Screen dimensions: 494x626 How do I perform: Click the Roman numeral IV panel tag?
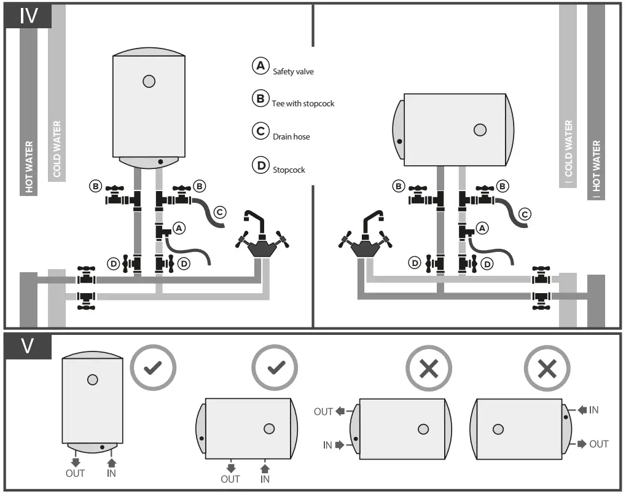28,15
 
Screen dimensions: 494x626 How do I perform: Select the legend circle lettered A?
260,66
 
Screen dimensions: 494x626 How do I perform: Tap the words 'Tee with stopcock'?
303,104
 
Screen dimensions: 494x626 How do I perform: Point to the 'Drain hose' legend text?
291,136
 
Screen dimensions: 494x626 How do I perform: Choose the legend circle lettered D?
260,165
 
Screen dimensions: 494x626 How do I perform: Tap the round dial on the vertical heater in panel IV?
148,80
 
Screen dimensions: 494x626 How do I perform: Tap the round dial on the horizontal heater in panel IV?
480,130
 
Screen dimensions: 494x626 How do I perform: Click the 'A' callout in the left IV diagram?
179,228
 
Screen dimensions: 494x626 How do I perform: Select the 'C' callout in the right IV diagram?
524,214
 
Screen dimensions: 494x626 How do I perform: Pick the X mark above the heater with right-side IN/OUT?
546,368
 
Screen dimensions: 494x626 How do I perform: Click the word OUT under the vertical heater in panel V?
75,473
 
